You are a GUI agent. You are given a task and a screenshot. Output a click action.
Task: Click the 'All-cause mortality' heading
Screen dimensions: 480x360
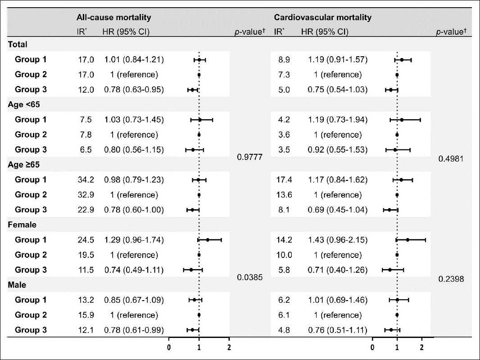[113, 18]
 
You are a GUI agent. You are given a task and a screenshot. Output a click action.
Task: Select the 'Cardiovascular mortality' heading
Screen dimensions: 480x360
[323, 18]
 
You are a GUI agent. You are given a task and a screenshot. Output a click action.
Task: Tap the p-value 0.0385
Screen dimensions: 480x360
[250, 277]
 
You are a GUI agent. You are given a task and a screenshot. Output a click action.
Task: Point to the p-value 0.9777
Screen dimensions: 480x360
[250, 157]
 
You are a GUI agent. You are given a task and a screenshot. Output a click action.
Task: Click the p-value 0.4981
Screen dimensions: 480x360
[451, 159]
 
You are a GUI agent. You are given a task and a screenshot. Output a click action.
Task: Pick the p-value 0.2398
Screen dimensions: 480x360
[451, 279]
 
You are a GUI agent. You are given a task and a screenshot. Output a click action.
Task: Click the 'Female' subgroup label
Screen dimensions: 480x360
[22, 225]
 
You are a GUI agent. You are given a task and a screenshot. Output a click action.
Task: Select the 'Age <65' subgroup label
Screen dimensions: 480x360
[24, 104]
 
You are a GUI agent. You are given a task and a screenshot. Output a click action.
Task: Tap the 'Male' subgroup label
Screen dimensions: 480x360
[17, 285]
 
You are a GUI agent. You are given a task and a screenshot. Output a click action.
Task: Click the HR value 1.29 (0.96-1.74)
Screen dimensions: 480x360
[134, 240]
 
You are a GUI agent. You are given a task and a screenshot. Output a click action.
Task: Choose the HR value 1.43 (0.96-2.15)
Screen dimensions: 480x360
[338, 240]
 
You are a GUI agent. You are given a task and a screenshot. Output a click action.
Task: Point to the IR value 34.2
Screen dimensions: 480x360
[86, 180]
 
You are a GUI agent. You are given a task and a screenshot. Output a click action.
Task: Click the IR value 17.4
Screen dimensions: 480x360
[284, 180]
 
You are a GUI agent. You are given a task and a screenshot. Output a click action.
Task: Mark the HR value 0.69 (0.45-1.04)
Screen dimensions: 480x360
[338, 210]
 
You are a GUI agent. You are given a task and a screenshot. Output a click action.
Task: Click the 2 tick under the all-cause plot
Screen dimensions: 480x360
[229, 347]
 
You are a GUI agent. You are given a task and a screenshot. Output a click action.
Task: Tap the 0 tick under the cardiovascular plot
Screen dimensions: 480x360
[372, 347]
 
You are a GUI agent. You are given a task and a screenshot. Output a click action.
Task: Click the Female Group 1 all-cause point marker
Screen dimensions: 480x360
[208, 240]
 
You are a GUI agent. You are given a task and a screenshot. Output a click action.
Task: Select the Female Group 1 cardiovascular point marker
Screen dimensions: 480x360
[408, 240]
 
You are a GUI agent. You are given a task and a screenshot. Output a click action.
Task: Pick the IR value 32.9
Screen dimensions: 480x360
[86, 195]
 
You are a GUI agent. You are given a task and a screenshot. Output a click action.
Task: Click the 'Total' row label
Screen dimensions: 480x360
[18, 45]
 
